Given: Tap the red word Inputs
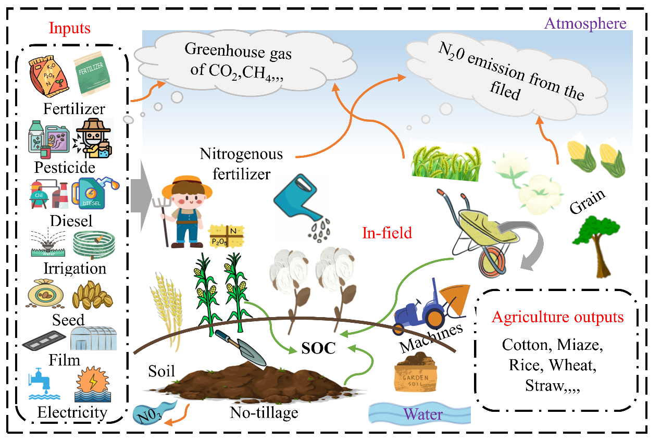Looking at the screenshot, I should click(70, 29).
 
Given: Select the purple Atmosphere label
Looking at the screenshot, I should click(585, 23).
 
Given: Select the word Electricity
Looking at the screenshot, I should click(72, 413).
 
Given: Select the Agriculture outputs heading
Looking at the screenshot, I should click(558, 317).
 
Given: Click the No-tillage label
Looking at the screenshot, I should click(264, 413).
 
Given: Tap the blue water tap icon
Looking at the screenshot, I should click(41, 383).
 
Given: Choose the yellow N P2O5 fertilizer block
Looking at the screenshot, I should click(226, 237).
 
